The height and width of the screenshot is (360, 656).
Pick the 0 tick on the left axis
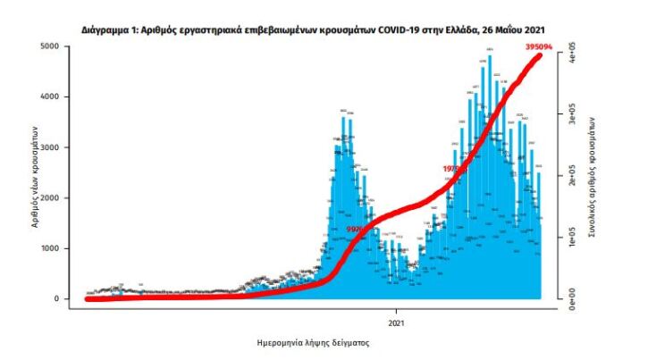point(56,299)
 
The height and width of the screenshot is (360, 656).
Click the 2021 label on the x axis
point(397,322)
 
